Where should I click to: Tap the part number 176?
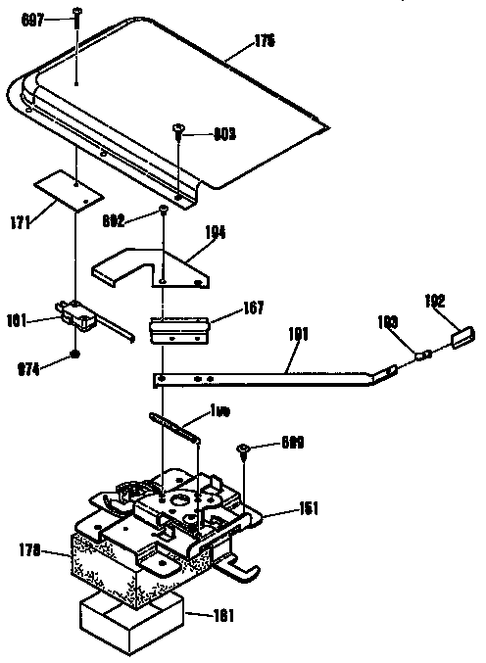[236, 41]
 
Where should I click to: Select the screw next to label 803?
[178, 129]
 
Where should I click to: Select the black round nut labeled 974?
[74, 355]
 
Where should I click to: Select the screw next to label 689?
[244, 451]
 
